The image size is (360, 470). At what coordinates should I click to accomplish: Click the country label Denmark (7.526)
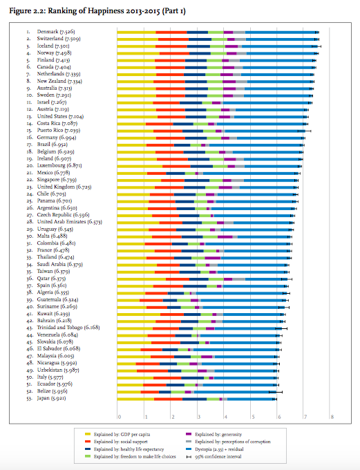[x=56, y=32]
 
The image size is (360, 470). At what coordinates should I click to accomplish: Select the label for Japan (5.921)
[x=51, y=398]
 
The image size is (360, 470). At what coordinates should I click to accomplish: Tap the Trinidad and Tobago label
[x=68, y=328]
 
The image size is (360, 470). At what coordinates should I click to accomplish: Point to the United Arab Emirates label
[x=70, y=222]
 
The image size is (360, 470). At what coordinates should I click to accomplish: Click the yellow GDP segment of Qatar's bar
[x=141, y=279]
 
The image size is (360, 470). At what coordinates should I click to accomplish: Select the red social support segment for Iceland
[x=171, y=46]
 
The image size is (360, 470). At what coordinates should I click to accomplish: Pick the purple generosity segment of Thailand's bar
[x=213, y=258]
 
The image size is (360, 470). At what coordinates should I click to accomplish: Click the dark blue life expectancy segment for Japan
[x=195, y=399]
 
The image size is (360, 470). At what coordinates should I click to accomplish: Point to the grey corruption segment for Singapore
[x=238, y=180]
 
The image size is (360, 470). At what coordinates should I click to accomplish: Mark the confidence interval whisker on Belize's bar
[x=276, y=392]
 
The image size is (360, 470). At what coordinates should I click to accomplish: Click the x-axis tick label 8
[x=332, y=417]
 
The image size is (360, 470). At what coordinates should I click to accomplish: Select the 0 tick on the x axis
[x=120, y=417]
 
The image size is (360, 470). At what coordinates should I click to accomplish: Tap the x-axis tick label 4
[x=226, y=417]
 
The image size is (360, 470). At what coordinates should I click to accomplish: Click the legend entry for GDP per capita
[x=117, y=434]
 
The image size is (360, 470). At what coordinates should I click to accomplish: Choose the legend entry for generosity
[x=214, y=434]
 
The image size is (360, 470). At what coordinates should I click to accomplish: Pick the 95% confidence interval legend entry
[x=214, y=457]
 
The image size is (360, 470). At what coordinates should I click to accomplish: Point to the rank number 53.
[x=29, y=399]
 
